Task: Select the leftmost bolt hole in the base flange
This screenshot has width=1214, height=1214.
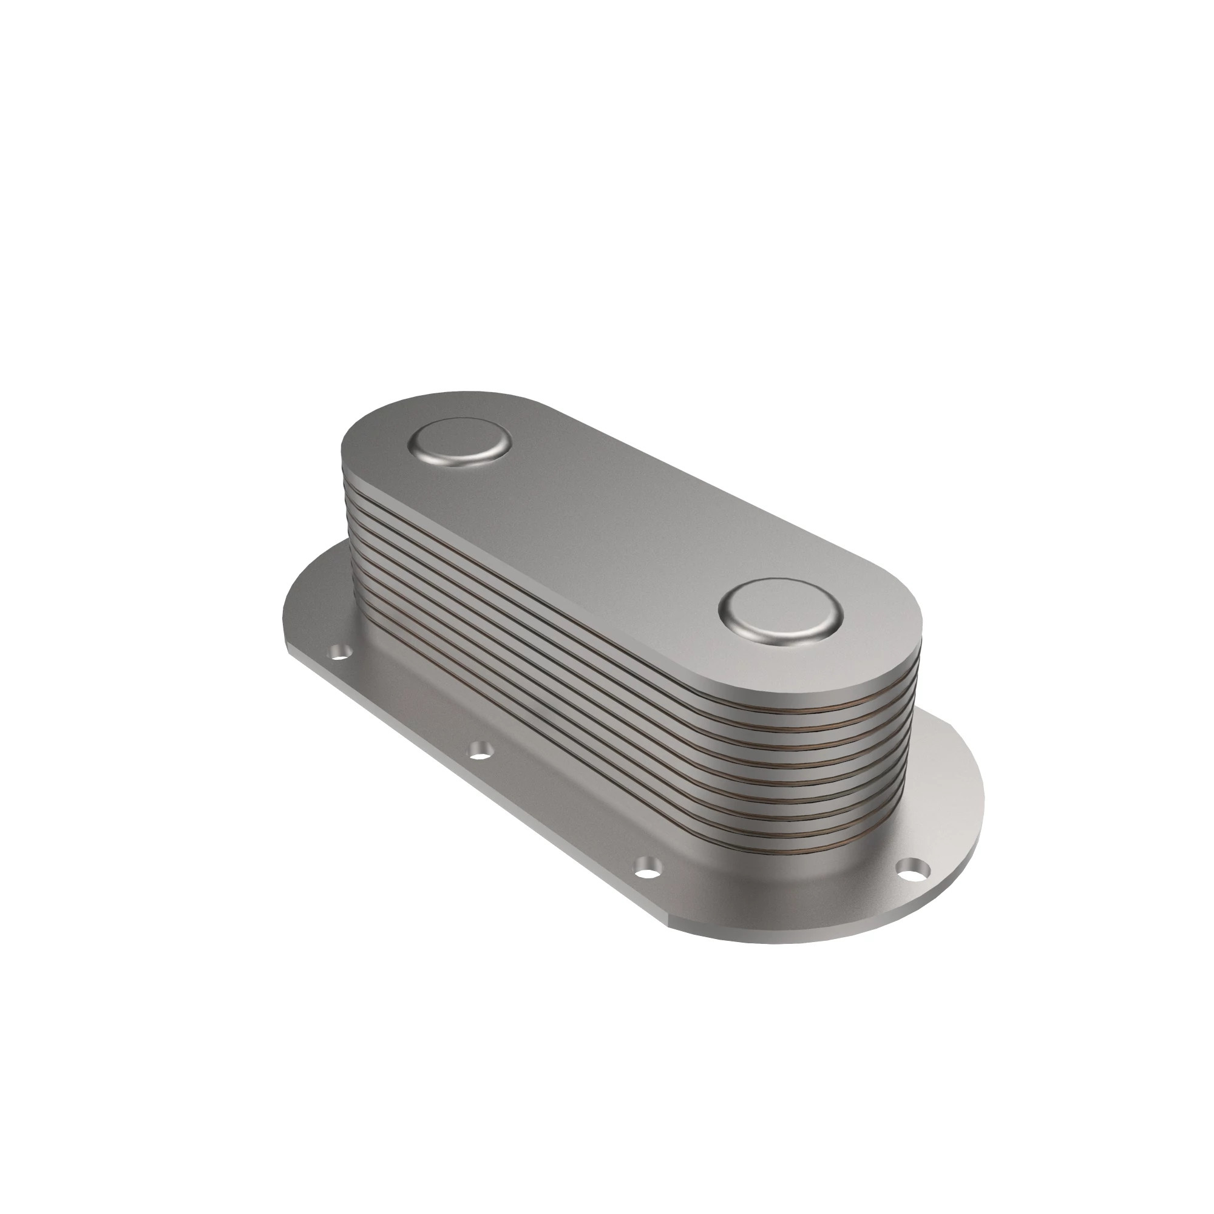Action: [x=339, y=654]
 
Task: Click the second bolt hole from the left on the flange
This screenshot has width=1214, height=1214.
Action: [x=481, y=750]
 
